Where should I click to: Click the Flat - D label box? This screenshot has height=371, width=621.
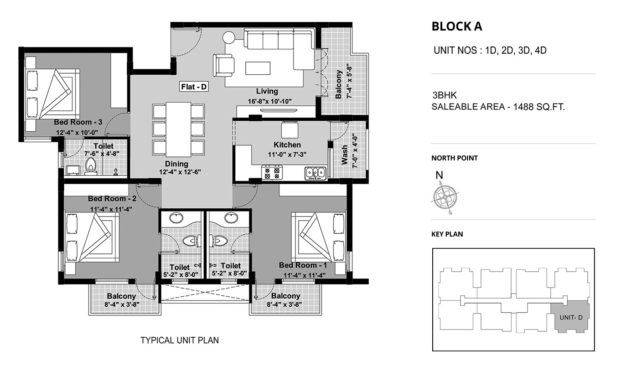tap(194, 87)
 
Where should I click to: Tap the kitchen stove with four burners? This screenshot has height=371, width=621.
tap(272, 172)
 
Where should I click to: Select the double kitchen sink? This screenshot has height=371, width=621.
tap(316, 173)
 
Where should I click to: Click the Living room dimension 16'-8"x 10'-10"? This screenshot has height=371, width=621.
tap(270, 101)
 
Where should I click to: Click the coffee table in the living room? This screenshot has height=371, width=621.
tap(258, 68)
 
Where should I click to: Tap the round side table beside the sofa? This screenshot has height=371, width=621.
tap(229, 37)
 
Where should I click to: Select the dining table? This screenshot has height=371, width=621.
tap(178, 130)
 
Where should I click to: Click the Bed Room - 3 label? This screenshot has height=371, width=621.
tap(78, 122)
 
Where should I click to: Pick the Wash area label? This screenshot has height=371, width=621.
tap(344, 155)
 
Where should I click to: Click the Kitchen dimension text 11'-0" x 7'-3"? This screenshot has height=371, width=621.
tap(287, 155)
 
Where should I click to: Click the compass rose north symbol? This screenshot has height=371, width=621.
tap(445, 197)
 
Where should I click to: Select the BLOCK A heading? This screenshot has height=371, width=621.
tap(457, 26)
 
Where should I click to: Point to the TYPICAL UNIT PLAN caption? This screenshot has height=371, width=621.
tap(180, 340)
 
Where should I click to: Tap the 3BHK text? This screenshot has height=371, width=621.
tap(445, 95)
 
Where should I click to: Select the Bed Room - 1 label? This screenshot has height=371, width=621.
tap(303, 265)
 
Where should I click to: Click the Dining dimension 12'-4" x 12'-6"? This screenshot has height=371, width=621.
tap(180, 172)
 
